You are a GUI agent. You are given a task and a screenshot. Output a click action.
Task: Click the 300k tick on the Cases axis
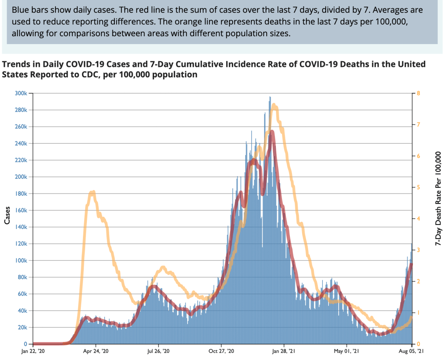(x=22, y=93)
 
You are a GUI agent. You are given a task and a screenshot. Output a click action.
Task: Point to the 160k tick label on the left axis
(x=22, y=211)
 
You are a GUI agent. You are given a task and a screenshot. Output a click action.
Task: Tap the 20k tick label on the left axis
(x=23, y=328)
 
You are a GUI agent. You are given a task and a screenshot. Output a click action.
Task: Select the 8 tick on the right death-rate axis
(x=418, y=93)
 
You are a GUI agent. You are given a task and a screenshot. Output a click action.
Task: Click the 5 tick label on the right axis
(x=418, y=187)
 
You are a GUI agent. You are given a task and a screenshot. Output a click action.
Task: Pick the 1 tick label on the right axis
(x=418, y=313)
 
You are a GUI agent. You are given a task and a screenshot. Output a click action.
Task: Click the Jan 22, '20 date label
(x=33, y=351)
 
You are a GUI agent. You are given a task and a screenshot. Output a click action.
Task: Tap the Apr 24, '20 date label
(x=96, y=351)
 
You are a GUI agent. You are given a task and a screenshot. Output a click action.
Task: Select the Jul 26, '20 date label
(x=159, y=351)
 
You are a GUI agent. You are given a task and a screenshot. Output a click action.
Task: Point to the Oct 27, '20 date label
(x=221, y=351)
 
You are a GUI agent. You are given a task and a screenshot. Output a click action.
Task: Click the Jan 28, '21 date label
(x=284, y=351)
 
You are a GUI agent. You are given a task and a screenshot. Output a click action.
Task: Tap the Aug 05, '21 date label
(x=411, y=351)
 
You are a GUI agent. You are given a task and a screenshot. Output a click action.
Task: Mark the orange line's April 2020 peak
(x=92, y=192)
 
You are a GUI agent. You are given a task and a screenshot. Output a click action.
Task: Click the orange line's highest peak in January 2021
(x=274, y=105)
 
